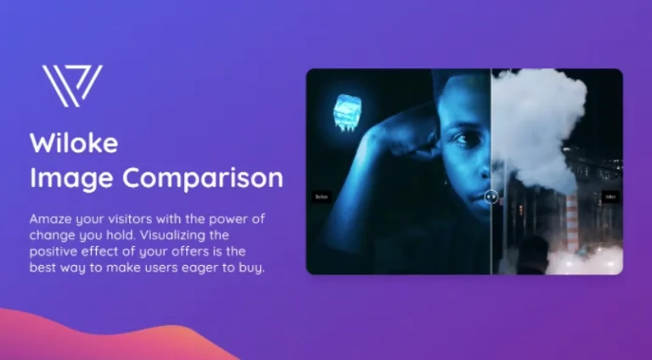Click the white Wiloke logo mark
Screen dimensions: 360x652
pyautogui.click(x=72, y=85)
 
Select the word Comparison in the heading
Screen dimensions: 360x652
pyautogui.click(x=204, y=179)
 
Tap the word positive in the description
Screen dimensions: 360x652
pyautogui.click(x=53, y=251)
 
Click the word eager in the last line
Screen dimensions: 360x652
pyautogui.click(x=215, y=267)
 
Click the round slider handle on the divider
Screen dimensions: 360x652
pyautogui.click(x=491, y=196)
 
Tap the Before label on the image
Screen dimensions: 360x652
pyautogui.click(x=321, y=196)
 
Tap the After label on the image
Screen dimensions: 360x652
pyautogui.click(x=609, y=196)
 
